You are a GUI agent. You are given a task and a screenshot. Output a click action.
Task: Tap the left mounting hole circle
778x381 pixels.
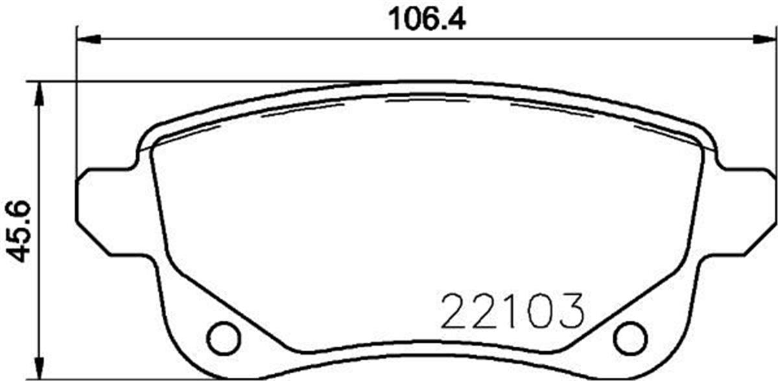[223, 337]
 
